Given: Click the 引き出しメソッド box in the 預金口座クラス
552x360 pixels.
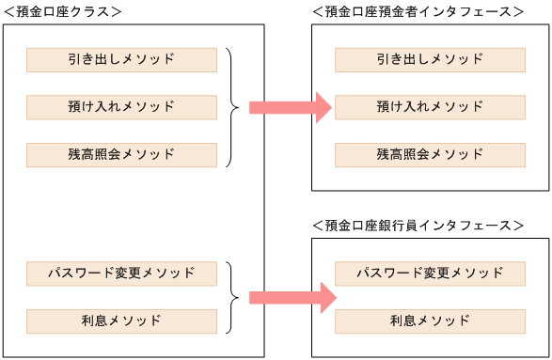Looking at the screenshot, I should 121,59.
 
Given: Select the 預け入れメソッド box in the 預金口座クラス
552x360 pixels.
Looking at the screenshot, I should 121,106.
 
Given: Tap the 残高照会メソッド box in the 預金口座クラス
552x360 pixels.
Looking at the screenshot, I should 121,154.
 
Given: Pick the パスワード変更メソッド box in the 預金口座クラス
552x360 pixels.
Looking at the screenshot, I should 121,274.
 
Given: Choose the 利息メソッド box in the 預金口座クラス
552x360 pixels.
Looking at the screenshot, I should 121,321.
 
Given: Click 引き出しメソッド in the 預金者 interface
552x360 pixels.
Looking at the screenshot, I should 430,59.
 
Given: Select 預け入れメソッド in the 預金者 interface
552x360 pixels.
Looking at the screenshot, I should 430,106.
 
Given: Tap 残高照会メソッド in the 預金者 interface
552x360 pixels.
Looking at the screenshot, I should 430,154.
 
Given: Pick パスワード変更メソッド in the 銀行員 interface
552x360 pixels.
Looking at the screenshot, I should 430,274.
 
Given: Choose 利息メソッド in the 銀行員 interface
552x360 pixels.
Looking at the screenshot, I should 430,321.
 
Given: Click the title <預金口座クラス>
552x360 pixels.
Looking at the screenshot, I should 63,11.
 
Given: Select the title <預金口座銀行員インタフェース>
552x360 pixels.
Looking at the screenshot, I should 418,226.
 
